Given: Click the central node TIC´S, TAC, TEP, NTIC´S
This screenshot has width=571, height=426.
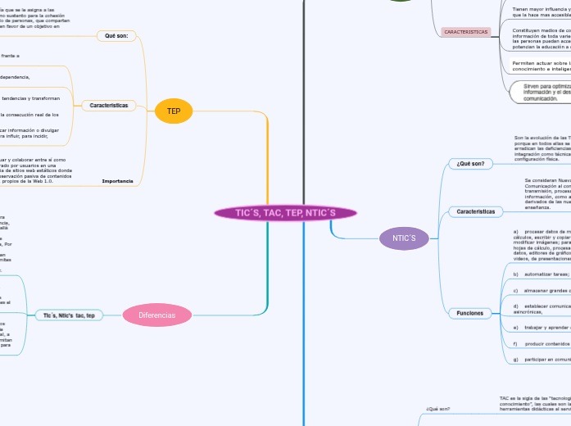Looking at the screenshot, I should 285,213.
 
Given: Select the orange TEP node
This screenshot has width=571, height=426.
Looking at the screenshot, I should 174,111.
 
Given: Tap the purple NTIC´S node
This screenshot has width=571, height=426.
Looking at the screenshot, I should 404,238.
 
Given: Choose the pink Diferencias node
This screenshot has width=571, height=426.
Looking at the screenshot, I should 157,315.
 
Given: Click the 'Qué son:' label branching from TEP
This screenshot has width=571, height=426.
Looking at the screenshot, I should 116,36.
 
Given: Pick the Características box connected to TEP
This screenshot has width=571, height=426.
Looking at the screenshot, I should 109,106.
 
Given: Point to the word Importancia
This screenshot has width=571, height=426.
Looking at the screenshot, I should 117,181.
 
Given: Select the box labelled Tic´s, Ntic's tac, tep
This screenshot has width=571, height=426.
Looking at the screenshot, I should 69,315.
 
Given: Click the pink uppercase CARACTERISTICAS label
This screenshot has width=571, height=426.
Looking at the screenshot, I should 465,32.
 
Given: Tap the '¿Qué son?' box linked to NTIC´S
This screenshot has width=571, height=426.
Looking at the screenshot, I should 470,164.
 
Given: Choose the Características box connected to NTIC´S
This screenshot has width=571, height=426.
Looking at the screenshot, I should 475,211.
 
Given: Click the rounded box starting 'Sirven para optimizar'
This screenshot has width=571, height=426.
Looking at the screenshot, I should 537,92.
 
